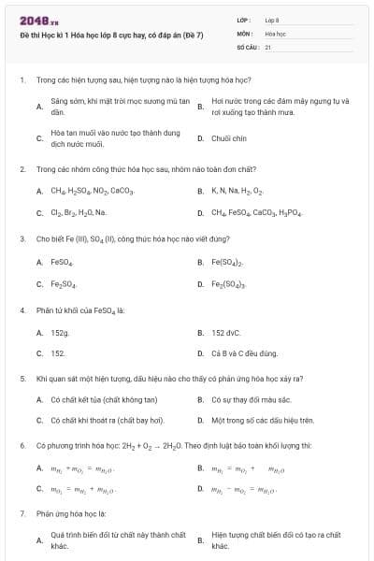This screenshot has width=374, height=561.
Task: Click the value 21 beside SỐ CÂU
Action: pyautogui.click(x=268, y=46)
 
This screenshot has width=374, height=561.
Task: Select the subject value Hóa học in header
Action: pyautogui.click(x=275, y=33)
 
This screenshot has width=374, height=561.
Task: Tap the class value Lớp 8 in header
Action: pyautogui.click(x=272, y=20)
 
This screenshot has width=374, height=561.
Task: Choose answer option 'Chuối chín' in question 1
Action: pyautogui.click(x=228, y=138)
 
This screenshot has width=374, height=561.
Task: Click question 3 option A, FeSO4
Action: pyautogui.click(x=63, y=262)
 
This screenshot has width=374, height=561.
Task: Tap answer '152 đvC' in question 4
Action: pyautogui.click(x=226, y=332)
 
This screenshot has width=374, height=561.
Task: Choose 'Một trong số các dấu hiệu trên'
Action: pyautogui.click(x=261, y=421)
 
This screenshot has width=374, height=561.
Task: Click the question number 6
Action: pyautogui.click(x=22, y=446)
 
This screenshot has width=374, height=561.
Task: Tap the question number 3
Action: pyautogui.click(x=22, y=239)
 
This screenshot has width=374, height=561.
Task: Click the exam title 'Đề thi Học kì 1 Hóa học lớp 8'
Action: pyautogui.click(x=111, y=34)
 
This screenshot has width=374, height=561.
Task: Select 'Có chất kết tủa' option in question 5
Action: pyautogui.click(x=91, y=400)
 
